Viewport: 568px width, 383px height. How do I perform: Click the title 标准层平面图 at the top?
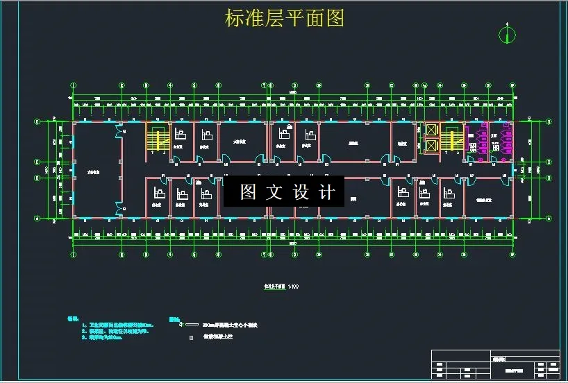[x=285, y=18]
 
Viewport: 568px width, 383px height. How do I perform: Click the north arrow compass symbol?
[x=508, y=34]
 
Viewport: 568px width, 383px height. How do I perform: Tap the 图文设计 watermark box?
[x=283, y=192]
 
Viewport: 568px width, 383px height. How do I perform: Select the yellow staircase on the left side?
[x=157, y=137]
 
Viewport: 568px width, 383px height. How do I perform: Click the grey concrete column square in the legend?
[x=192, y=338]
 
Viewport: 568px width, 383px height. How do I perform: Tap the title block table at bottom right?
[x=495, y=366]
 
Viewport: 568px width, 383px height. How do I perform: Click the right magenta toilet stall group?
[x=497, y=139]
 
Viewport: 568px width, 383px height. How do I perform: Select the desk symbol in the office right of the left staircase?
[x=180, y=134]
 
